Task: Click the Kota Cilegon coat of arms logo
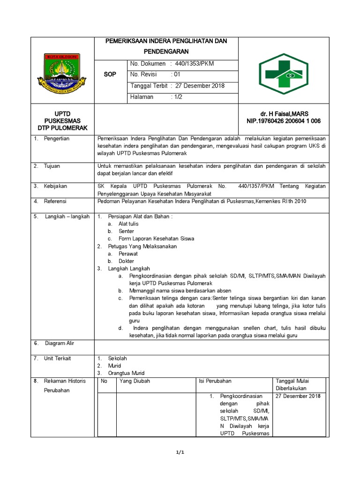click(62, 72)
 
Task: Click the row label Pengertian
click(57, 139)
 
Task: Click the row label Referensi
click(55, 201)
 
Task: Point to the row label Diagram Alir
click(60, 343)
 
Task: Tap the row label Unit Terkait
click(57, 358)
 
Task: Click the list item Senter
click(126, 231)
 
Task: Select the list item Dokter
click(126, 261)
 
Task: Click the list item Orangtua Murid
click(126, 373)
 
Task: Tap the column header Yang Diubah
click(135, 381)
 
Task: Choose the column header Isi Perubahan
click(215, 381)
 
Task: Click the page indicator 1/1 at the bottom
click(180, 452)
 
